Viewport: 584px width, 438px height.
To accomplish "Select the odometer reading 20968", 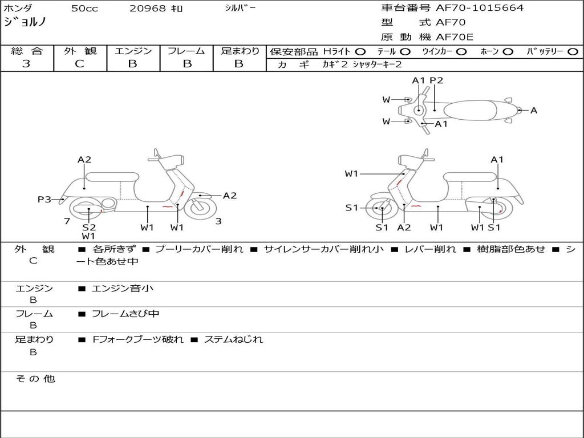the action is pyautogui.click(x=148, y=9).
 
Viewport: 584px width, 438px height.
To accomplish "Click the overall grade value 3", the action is pyautogui.click(x=26, y=64).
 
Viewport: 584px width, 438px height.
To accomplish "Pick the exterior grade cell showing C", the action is pyautogui.click(x=80, y=64).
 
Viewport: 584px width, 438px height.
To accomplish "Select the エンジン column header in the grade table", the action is pyautogui.click(x=133, y=51).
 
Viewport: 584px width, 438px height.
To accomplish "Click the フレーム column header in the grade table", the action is pyautogui.click(x=186, y=51).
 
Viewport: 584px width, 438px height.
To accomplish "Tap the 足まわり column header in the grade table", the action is pyautogui.click(x=240, y=51).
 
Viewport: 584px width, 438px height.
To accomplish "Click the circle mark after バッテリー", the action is pyautogui.click(x=573, y=51).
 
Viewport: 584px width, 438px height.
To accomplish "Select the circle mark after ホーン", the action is pyautogui.click(x=508, y=51).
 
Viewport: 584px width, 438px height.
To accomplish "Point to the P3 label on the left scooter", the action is pyautogui.click(x=44, y=199).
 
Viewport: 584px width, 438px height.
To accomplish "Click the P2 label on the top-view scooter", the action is pyautogui.click(x=436, y=80).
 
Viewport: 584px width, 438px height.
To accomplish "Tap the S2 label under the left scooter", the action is pyautogui.click(x=89, y=227).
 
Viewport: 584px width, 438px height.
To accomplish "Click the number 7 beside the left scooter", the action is pyautogui.click(x=67, y=221).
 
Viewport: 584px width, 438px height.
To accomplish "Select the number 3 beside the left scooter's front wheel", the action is pyautogui.click(x=218, y=221).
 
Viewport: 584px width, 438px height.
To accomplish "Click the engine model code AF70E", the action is pyautogui.click(x=455, y=37).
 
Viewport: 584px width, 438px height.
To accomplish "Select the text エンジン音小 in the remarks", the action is pyautogui.click(x=122, y=288).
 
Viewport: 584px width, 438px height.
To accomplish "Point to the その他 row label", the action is pyautogui.click(x=35, y=379).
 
